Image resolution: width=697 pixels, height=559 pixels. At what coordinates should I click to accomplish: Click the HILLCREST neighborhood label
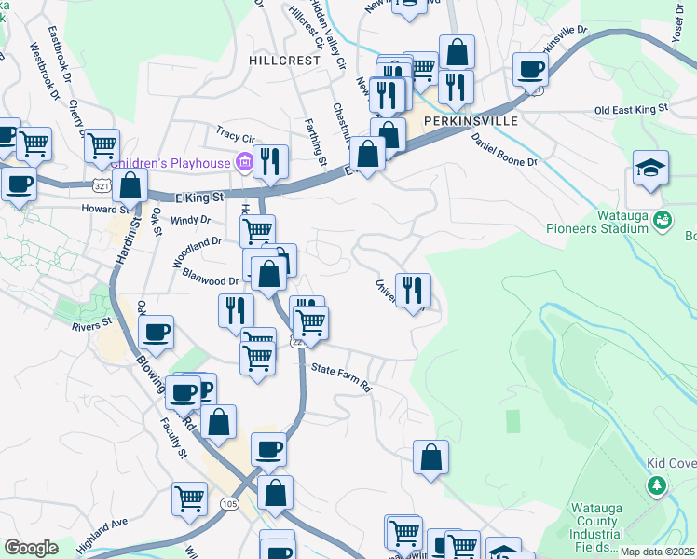click(x=284, y=59)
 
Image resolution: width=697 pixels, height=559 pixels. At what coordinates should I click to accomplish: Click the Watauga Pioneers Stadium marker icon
click(x=662, y=221)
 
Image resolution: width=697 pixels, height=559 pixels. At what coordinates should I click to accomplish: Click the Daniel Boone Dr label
click(x=504, y=148)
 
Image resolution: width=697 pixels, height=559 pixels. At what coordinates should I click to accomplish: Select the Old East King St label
click(x=632, y=110)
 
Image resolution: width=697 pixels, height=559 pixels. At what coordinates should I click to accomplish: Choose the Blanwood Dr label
click(x=211, y=279)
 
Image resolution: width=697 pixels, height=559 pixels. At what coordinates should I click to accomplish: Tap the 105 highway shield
click(x=228, y=503)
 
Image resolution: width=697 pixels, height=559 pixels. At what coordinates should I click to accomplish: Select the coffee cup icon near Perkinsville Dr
click(x=530, y=68)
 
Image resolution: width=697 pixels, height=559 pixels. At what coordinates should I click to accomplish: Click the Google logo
click(x=31, y=548)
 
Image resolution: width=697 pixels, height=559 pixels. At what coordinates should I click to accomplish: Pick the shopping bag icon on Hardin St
click(x=130, y=184)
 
